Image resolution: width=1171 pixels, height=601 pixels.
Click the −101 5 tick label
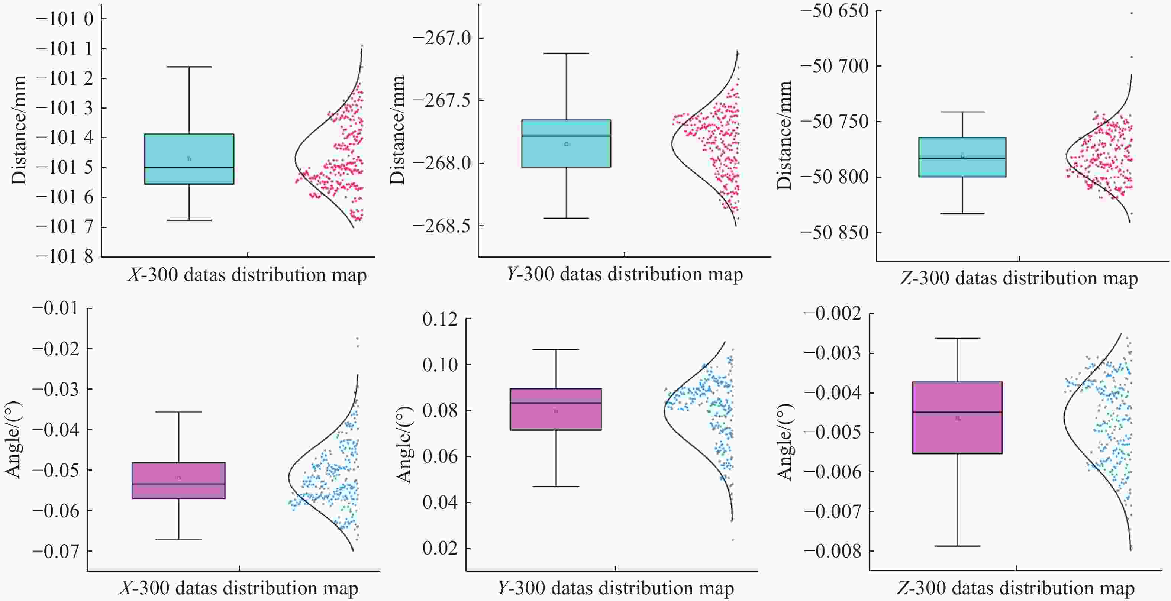(65, 167)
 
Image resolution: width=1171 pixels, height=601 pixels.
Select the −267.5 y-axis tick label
(442, 100)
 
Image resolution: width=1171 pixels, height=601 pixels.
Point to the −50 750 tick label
(834, 122)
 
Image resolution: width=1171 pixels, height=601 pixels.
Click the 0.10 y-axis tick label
(440, 365)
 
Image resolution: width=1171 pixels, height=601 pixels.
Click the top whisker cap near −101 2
(189, 67)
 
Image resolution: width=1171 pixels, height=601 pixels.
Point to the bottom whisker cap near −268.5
(567, 218)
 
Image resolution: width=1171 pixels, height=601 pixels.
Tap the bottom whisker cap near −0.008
(958, 546)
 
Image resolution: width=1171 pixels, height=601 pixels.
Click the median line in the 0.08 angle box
(555, 403)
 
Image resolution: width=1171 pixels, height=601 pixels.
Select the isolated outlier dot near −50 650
(1132, 13)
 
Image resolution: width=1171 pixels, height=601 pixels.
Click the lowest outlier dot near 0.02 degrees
(733, 540)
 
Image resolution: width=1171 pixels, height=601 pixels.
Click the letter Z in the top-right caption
(906, 278)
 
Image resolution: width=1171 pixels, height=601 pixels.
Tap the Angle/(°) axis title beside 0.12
(403, 445)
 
